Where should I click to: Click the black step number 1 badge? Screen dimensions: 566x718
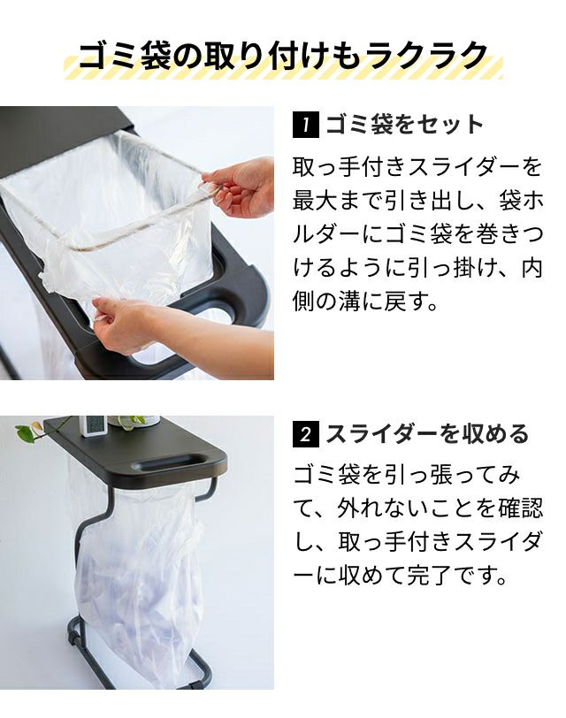305,125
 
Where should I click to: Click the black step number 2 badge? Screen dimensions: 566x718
305,434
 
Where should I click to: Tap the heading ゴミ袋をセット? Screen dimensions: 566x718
404,125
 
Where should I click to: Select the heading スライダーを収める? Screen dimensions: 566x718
427,434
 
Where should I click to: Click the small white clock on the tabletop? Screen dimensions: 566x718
93,426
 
